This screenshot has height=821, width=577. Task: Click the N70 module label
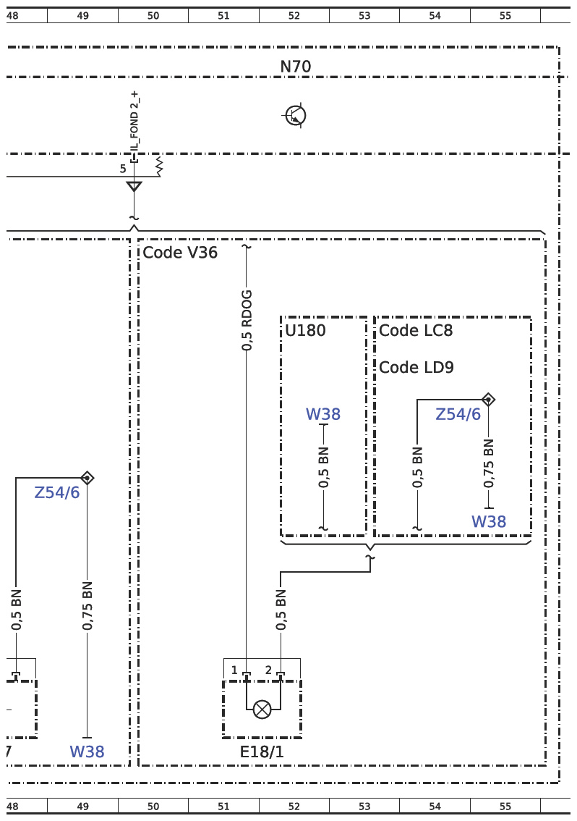[296, 67]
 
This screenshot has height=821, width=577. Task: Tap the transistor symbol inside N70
[296, 115]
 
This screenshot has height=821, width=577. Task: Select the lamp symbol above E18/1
[262, 710]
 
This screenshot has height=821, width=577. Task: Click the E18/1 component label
[262, 752]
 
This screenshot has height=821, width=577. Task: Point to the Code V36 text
[180, 253]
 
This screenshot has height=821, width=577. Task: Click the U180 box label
[306, 330]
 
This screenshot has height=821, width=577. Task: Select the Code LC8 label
[416, 330]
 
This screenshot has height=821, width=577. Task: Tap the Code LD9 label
[416, 367]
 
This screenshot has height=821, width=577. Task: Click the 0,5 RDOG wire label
[247, 320]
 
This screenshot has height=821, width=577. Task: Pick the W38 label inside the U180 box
[323, 414]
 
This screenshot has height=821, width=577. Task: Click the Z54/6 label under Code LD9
[458, 414]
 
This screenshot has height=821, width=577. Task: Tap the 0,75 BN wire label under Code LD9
[489, 463]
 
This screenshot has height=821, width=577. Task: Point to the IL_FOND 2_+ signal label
[134, 122]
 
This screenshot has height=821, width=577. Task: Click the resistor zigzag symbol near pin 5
[159, 167]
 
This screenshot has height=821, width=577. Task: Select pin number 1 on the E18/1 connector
[234, 670]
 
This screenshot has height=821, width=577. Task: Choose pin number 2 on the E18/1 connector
[268, 670]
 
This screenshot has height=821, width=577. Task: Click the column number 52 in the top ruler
[294, 16]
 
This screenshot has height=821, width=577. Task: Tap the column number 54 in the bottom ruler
[435, 807]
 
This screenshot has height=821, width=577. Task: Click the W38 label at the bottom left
[87, 752]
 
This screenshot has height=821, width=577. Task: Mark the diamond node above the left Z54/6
[87, 478]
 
